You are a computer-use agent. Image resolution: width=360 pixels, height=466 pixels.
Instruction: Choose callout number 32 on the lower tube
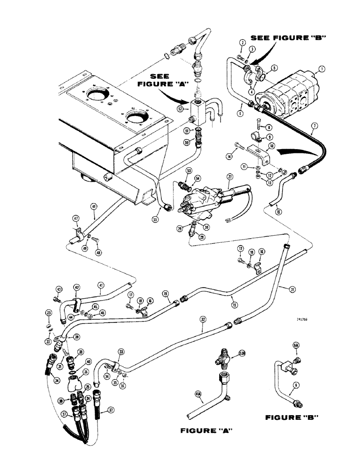coord(203,320)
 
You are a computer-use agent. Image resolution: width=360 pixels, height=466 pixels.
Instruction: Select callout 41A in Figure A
coord(198,397)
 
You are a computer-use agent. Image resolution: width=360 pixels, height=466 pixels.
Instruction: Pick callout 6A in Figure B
coord(295,345)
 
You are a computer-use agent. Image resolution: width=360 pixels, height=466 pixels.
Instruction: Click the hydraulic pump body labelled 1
coord(284,96)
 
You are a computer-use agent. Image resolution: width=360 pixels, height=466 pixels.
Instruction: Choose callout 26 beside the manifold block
coord(85,372)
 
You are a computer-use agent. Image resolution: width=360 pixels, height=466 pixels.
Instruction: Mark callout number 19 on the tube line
coord(166,294)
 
